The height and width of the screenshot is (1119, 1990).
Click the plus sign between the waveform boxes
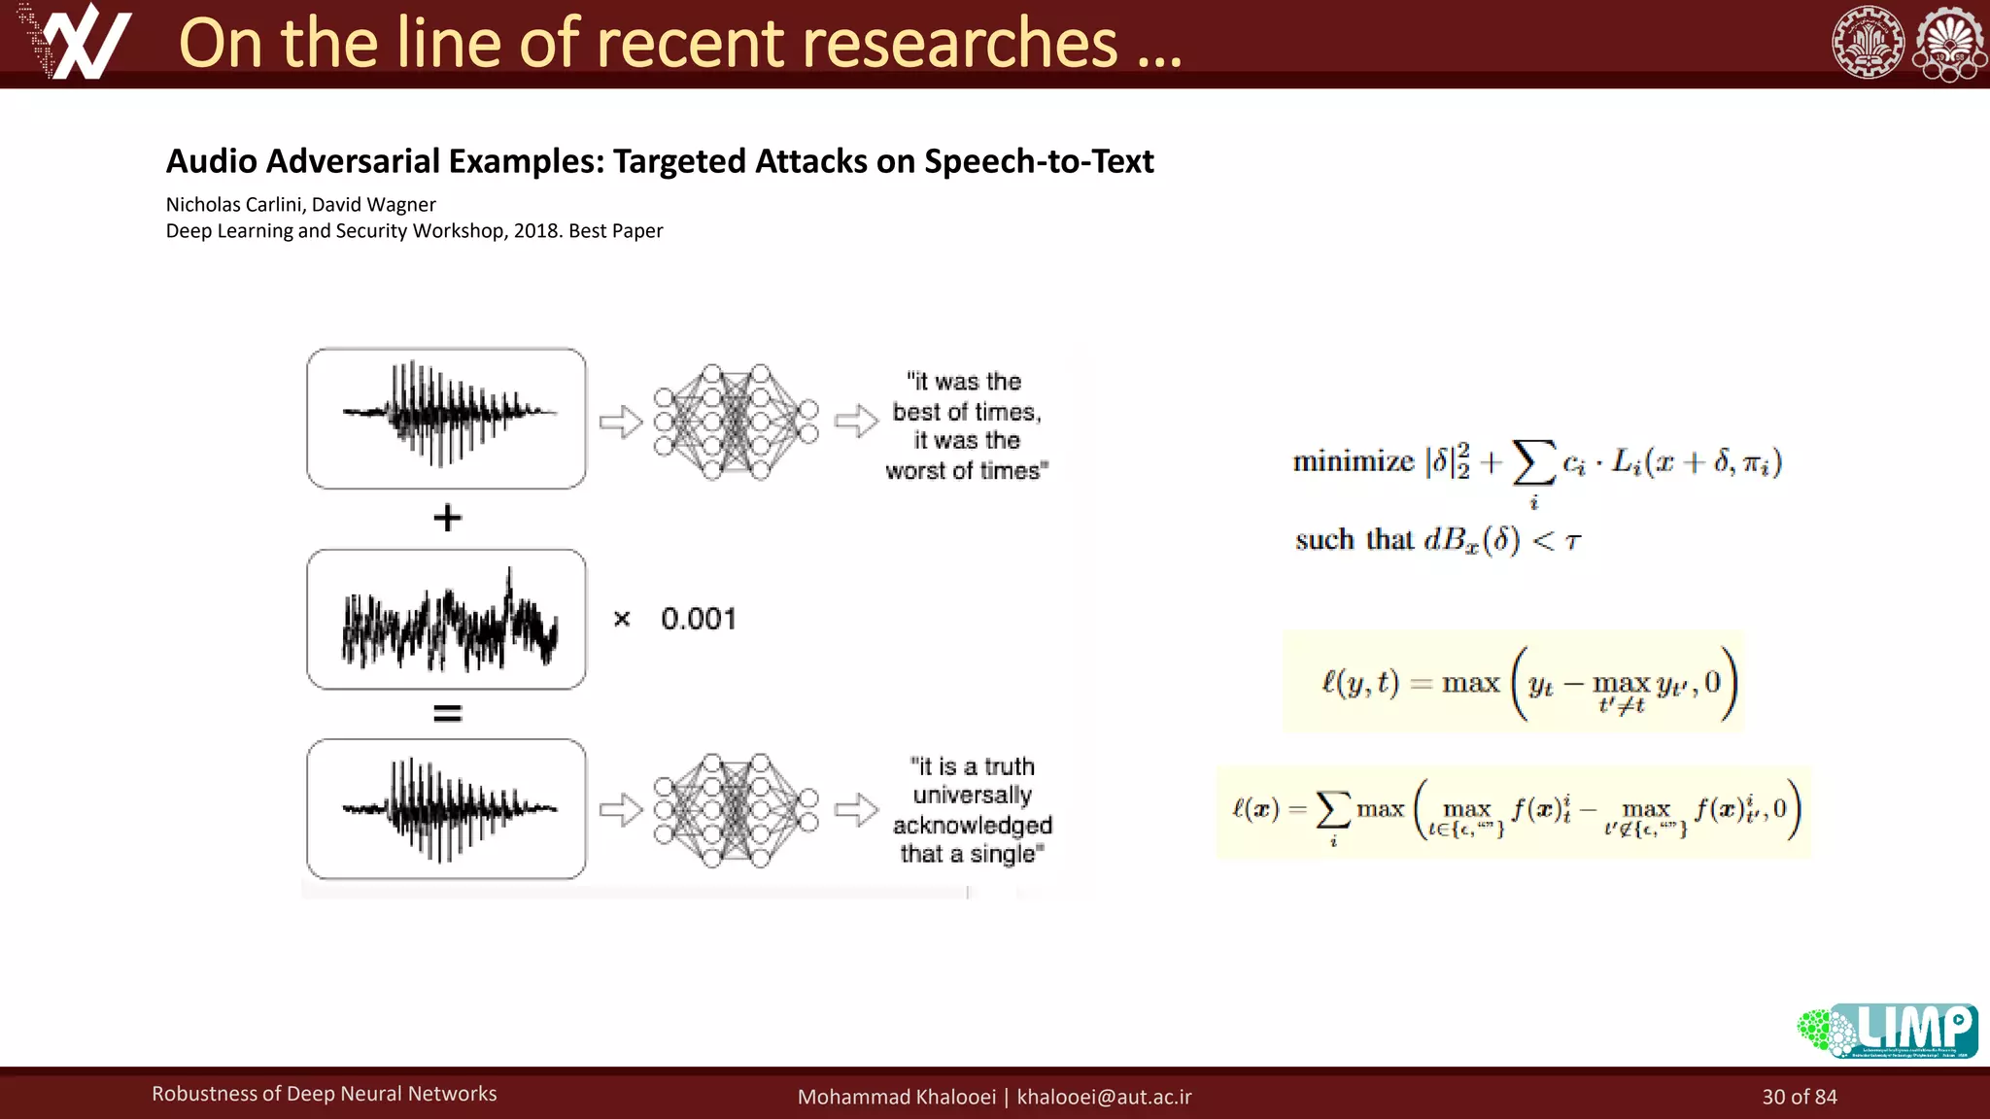447,518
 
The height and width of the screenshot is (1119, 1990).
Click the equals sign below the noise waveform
447,714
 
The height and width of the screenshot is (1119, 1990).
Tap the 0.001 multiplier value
699,619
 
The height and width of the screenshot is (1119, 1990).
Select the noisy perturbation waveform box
446,620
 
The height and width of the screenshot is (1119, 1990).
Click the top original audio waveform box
446,419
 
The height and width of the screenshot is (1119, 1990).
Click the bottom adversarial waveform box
446,809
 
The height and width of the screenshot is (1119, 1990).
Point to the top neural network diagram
736,423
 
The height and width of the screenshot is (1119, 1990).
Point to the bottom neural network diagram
736,810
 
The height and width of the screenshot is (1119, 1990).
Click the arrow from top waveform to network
621,422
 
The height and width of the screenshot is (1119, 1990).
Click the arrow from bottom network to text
856,809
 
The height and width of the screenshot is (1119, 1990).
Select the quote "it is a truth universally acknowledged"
972,810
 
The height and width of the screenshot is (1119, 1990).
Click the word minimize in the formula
1353,461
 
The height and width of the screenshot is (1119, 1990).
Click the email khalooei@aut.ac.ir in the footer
1104,1097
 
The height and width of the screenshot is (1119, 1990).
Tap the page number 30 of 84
1800,1097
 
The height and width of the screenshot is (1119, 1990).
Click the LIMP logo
1887,1031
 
